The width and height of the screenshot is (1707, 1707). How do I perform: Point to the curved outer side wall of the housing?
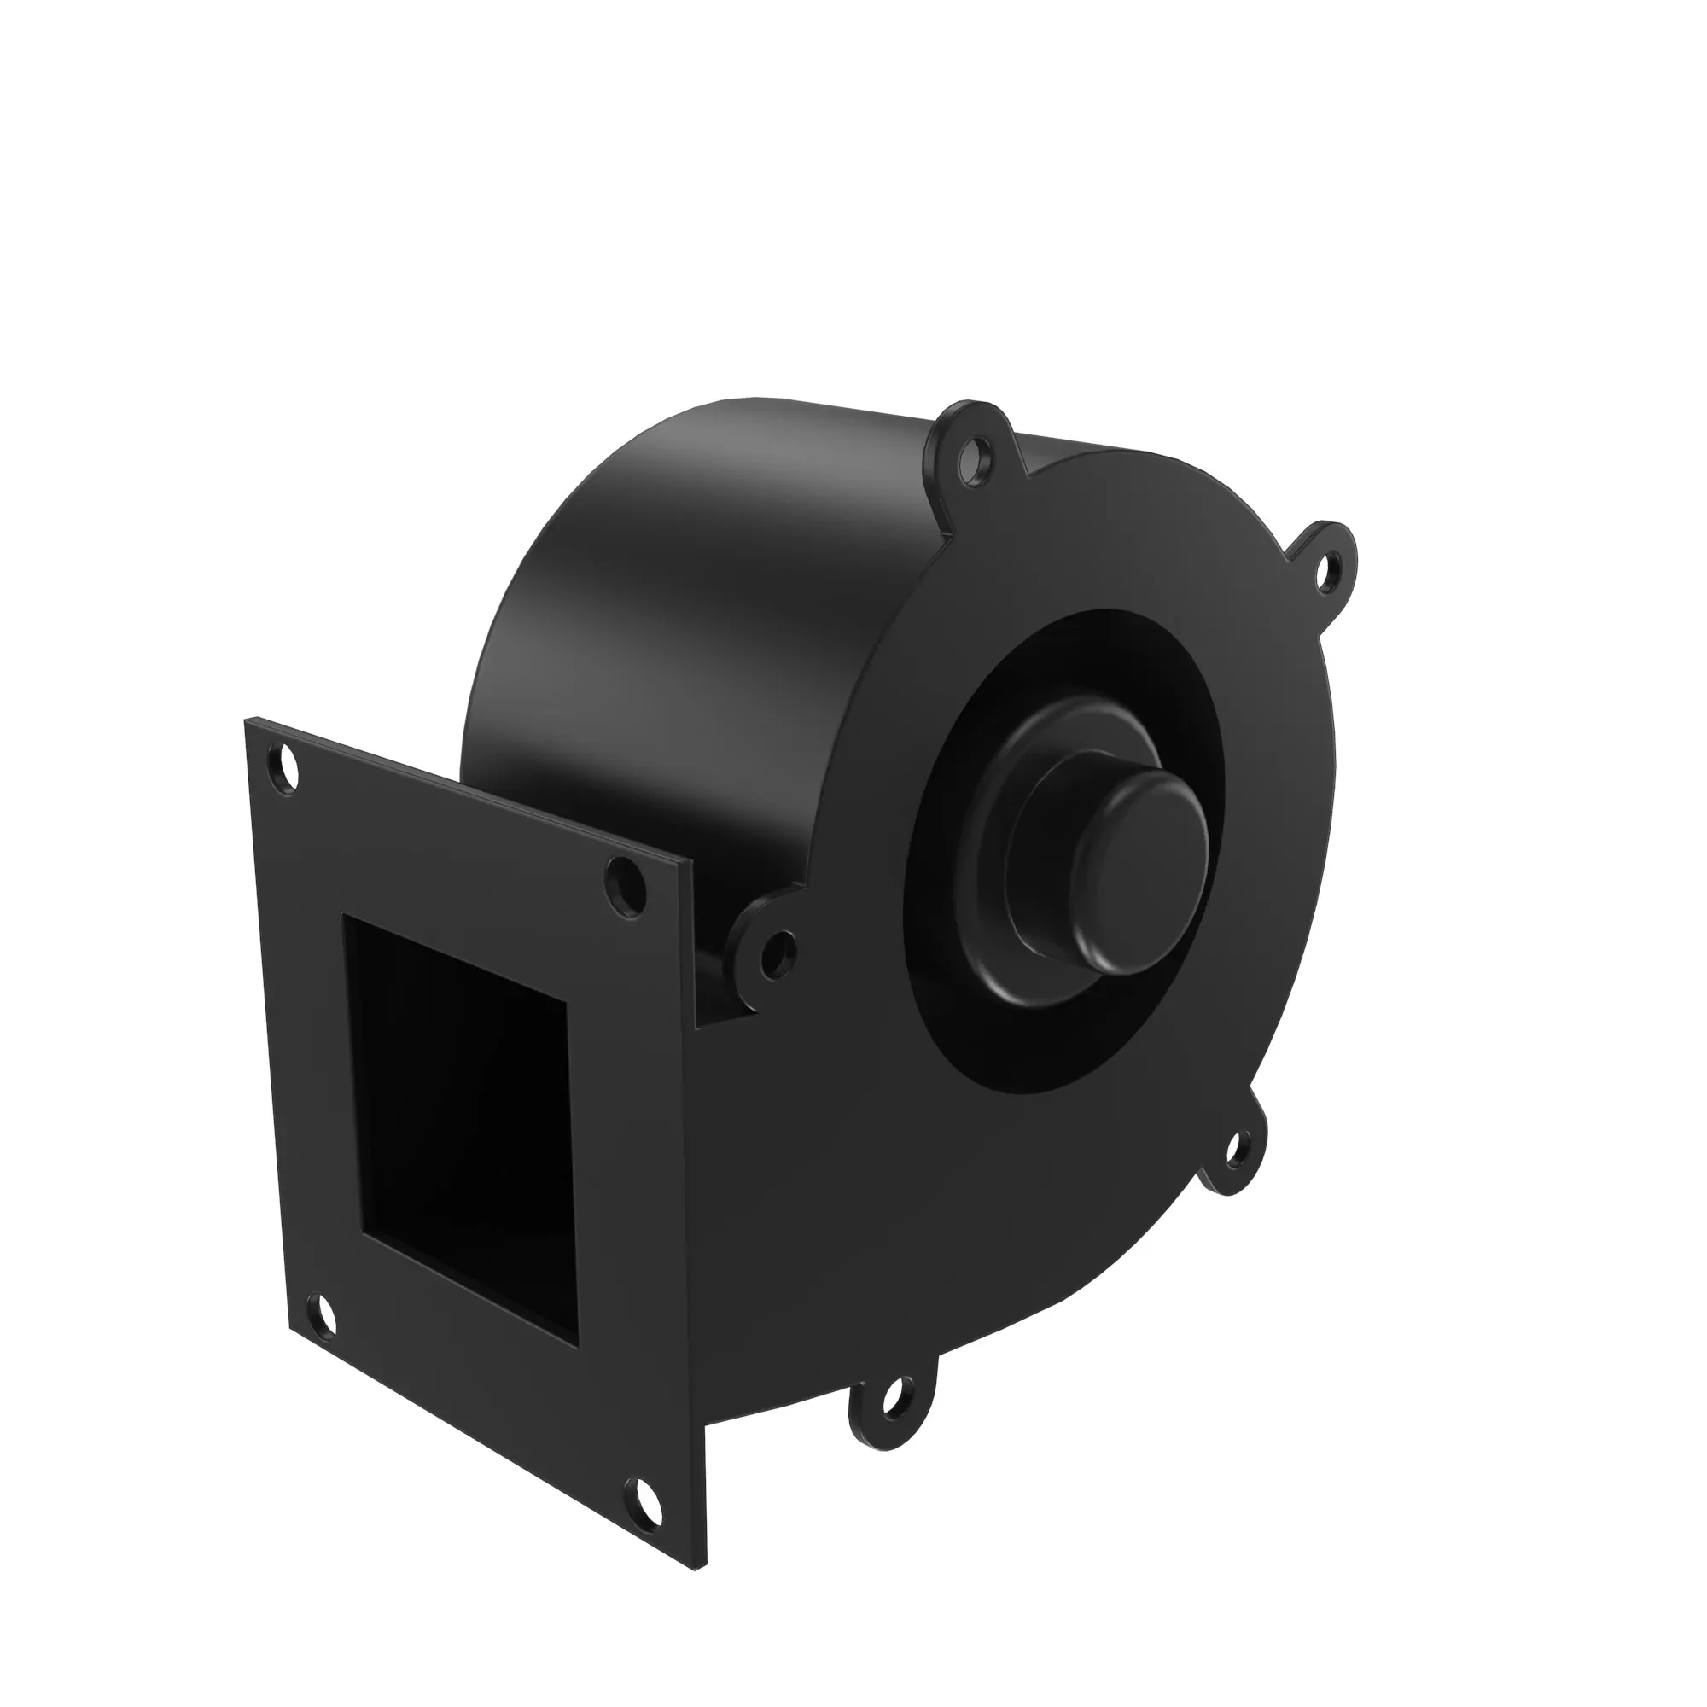pyautogui.click(x=672, y=619)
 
